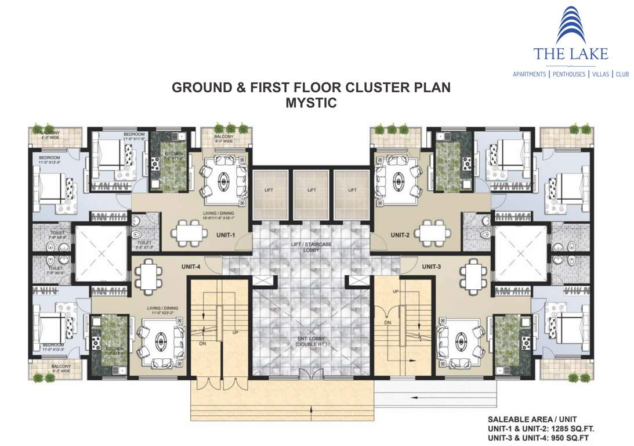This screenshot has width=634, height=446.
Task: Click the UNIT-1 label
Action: click(x=225, y=235)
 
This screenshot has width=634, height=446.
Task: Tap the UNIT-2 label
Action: click(x=401, y=235)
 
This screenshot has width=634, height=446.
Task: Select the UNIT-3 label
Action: click(x=432, y=267)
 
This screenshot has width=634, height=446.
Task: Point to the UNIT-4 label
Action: click(x=191, y=267)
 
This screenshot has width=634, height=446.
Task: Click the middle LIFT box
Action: click(x=311, y=190)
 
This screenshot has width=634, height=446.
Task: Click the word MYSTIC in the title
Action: click(x=311, y=103)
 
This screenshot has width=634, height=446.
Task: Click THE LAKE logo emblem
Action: click(x=571, y=26)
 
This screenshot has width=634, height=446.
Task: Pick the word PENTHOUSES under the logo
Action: click(x=568, y=74)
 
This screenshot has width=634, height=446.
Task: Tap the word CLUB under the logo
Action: click(x=622, y=74)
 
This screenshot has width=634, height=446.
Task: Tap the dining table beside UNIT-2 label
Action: click(x=436, y=233)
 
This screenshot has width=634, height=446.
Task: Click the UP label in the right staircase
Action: click(x=396, y=291)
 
